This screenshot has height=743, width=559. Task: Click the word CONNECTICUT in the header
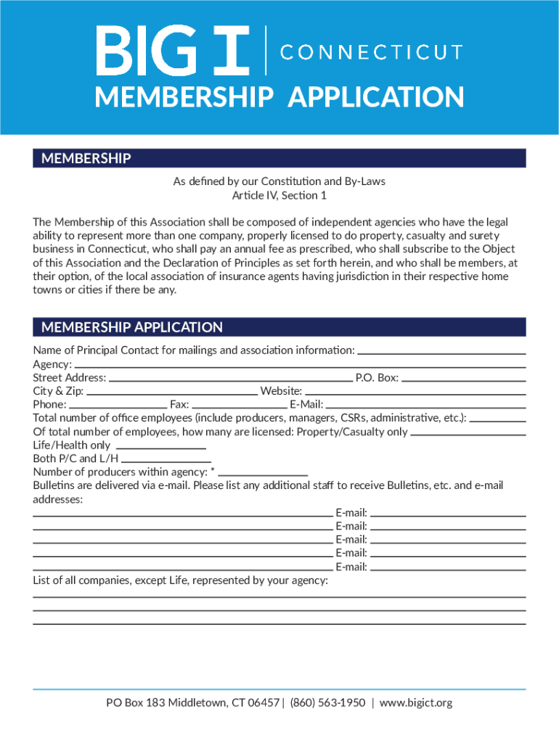[371, 52]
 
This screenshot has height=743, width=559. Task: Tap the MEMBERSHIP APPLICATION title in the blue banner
[279, 97]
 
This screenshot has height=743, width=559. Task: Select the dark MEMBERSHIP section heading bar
[279, 158]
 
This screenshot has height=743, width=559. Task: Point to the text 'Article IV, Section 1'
[279, 195]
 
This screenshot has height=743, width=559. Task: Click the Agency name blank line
[300, 366]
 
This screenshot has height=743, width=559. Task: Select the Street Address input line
[230, 379]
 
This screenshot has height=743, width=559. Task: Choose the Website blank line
[415, 393]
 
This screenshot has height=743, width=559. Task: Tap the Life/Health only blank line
[160, 447]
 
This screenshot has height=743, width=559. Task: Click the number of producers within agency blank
[264, 474]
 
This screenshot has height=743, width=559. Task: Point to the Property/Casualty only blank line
[468, 434]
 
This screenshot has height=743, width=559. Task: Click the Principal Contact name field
[441, 353]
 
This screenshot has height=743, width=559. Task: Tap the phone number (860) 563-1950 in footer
[327, 702]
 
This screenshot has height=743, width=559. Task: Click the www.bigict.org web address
[416, 702]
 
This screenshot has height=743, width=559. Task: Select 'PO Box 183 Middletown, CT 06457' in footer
[192, 702]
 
